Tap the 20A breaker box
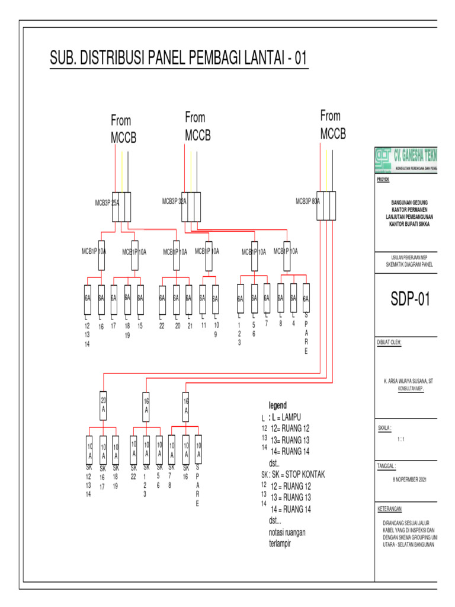tap(104, 406)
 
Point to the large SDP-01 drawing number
tap(409, 300)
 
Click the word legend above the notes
tap(277, 405)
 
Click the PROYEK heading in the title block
tap(383, 178)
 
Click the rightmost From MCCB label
tap(332, 124)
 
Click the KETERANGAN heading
tap(390, 509)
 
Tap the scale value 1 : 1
tap(402, 439)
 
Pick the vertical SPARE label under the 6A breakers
tap(306, 338)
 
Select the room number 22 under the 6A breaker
tap(161, 326)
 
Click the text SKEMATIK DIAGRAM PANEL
tap(406, 264)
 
